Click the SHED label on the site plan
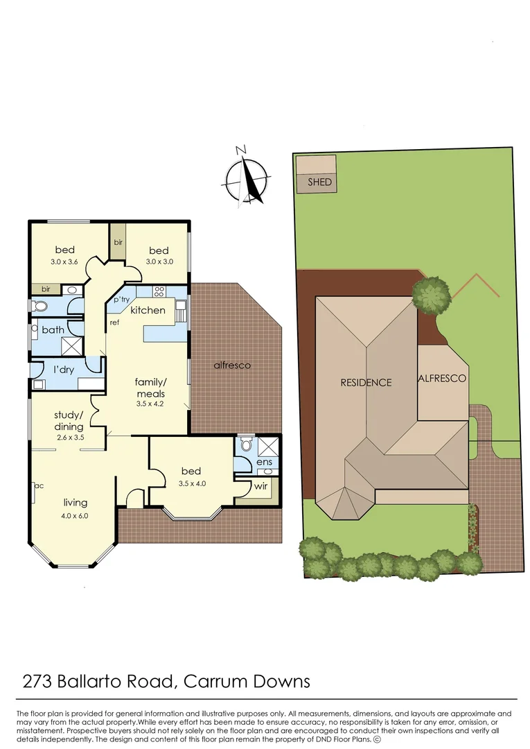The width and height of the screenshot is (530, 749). (319, 182)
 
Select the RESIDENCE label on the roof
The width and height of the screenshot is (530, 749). (365, 382)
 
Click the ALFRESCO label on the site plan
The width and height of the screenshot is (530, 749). (441, 379)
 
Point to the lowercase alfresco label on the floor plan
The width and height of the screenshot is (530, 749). (232, 365)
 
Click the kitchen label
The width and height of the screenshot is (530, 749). (148, 310)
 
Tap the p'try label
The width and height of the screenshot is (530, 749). (121, 299)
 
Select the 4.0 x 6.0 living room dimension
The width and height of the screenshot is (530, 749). (76, 515)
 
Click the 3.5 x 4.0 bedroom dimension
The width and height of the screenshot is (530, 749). (191, 483)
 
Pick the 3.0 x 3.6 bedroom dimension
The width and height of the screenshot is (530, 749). (66, 262)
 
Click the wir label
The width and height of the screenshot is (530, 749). (260, 486)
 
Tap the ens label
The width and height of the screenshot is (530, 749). (264, 462)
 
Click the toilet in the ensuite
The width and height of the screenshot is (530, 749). (244, 445)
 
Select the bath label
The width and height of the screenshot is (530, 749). (53, 330)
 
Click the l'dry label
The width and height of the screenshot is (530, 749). (64, 370)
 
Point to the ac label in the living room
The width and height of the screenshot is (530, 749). (38, 485)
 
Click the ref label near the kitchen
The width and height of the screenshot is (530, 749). (114, 323)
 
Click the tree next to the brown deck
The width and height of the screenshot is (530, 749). (432, 294)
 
